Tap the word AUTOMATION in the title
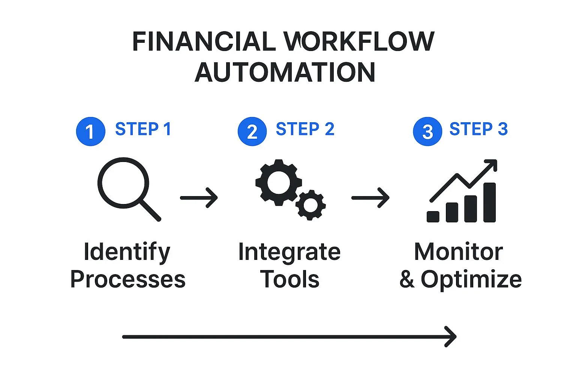tap(285, 72)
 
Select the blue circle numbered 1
tap(90, 132)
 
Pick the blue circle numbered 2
tap(252, 132)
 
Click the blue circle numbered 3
tap(427, 132)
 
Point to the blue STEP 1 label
tap(143, 129)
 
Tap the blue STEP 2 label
tap(305, 129)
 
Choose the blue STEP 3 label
tap(478, 129)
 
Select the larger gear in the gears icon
tap(278, 183)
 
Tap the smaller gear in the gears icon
tap(310, 205)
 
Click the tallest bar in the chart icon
tap(489, 202)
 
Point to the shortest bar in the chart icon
tap(433, 216)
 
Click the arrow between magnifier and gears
tap(199, 198)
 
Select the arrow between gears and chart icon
tap(370, 198)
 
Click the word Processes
tap(128, 280)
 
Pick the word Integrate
tap(289, 252)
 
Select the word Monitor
tap(458, 252)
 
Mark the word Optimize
tap(471, 280)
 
